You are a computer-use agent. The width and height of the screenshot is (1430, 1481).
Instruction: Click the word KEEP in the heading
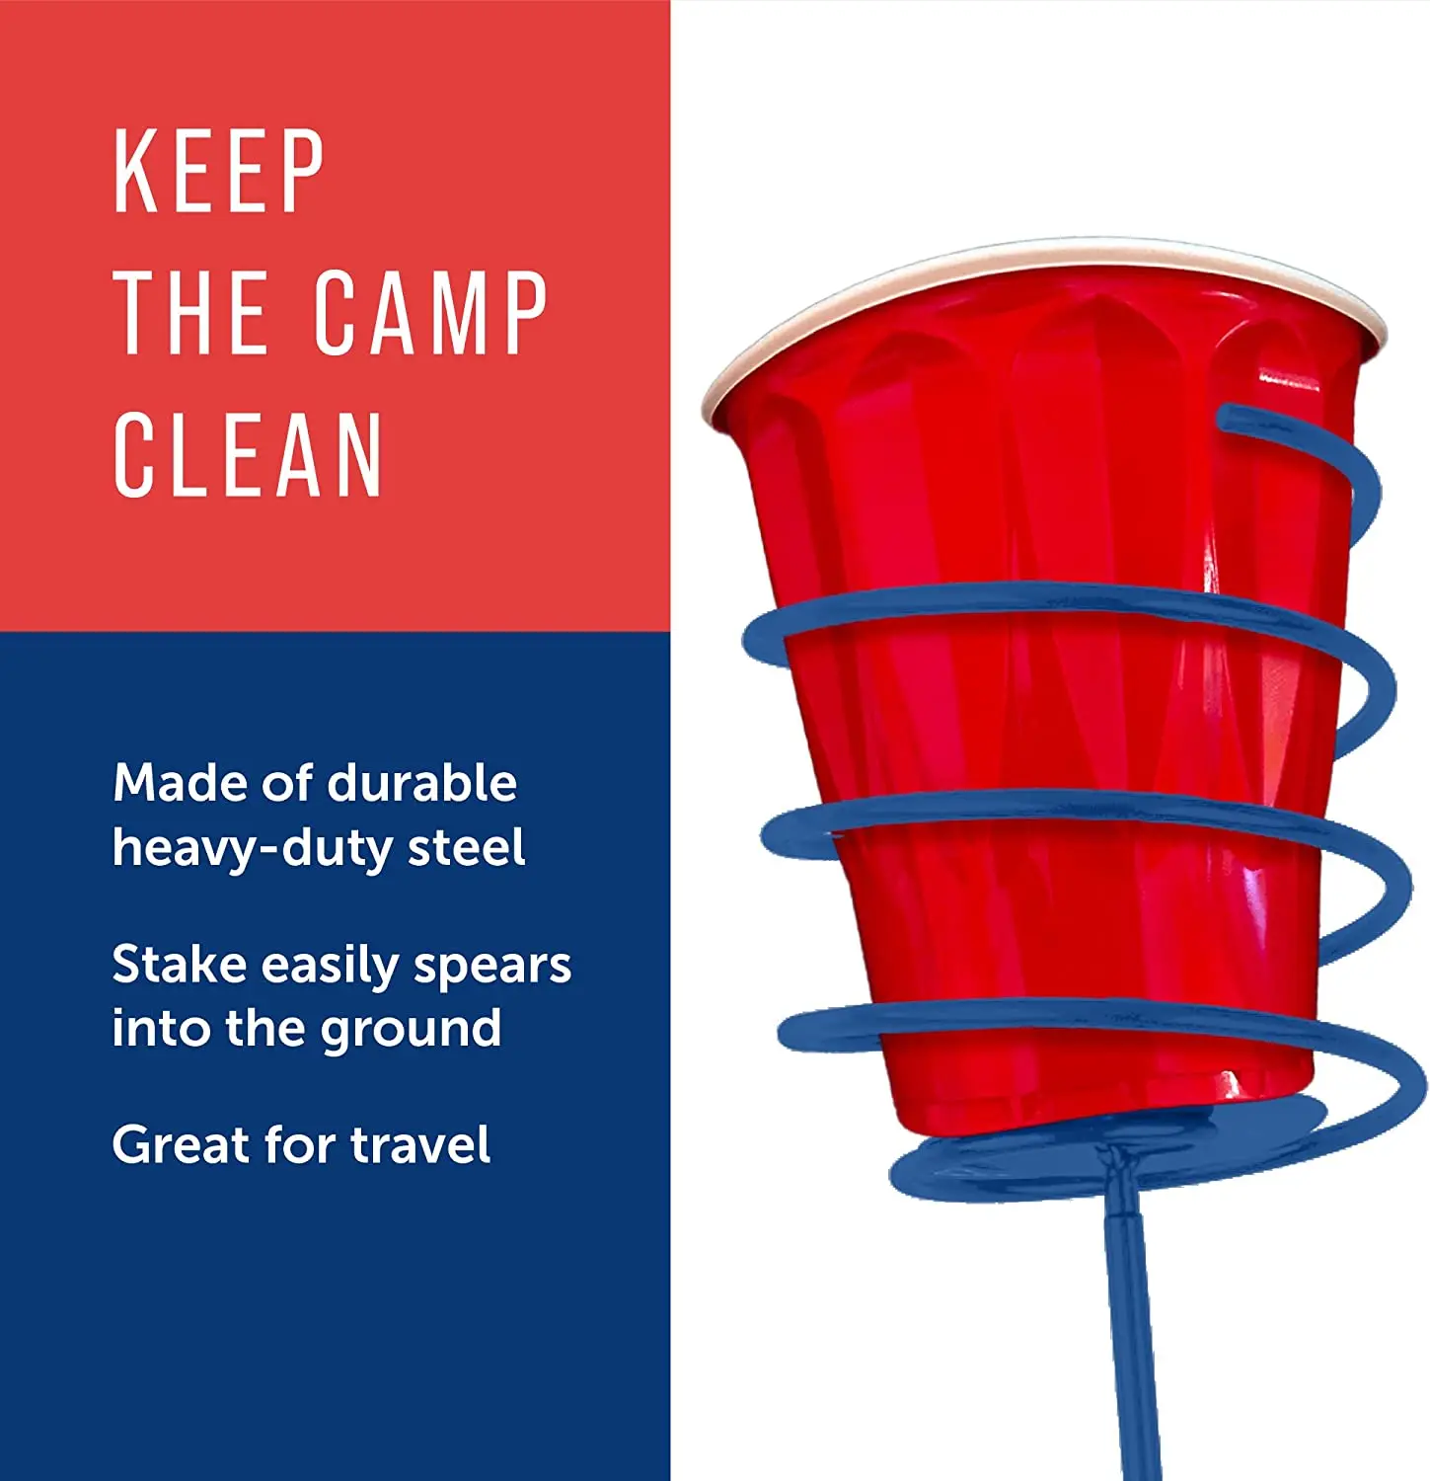click(218, 172)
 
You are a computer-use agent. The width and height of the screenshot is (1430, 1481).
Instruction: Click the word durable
click(421, 783)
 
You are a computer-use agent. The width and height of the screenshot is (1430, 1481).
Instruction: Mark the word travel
click(419, 1145)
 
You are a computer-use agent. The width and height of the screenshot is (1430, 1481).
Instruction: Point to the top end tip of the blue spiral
click(1227, 419)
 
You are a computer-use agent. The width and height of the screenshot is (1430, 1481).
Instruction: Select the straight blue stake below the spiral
click(1130, 1333)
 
